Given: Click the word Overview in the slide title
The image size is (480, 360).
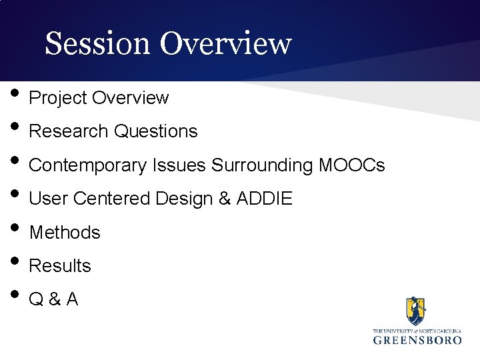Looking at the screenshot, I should [225, 44].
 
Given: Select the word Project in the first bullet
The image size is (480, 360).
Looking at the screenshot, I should [59, 98].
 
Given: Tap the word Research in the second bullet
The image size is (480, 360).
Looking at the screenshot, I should [69, 131].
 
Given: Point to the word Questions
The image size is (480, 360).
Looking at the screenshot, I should [155, 131].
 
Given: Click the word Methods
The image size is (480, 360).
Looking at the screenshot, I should [65, 233].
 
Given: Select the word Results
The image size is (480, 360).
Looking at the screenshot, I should [60, 266].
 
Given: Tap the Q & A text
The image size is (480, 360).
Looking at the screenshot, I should [53, 300].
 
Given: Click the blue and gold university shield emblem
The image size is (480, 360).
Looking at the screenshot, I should [416, 311].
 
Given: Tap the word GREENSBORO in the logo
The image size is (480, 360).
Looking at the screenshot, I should [417, 340].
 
